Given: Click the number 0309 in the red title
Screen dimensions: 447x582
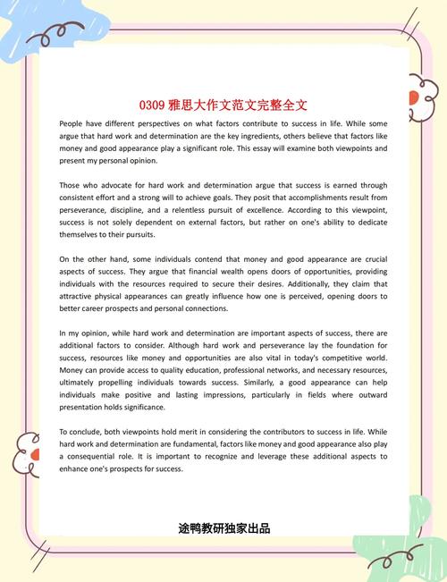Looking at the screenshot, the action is (x=155, y=105).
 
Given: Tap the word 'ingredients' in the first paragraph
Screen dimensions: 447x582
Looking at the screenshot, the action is (x=248, y=135).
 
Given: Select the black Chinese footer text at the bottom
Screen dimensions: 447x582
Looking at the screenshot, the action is (x=223, y=528).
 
